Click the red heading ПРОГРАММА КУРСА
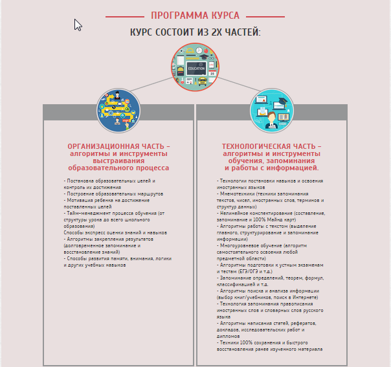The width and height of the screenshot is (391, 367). coord(195,15)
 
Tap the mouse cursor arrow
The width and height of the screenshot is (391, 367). coord(78,25)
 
